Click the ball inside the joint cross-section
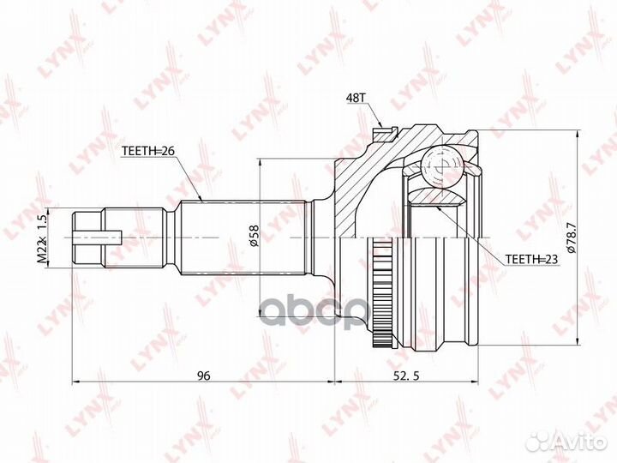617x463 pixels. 443,165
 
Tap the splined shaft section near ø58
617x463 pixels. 240,236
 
